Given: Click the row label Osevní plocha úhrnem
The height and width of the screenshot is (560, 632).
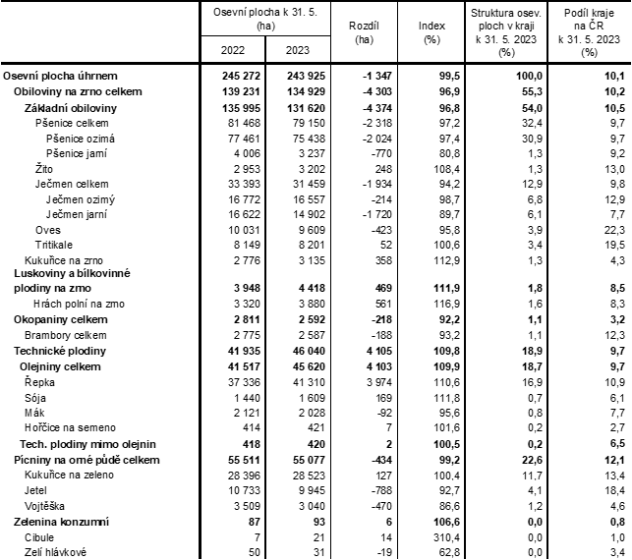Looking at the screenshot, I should coord(60,75).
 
